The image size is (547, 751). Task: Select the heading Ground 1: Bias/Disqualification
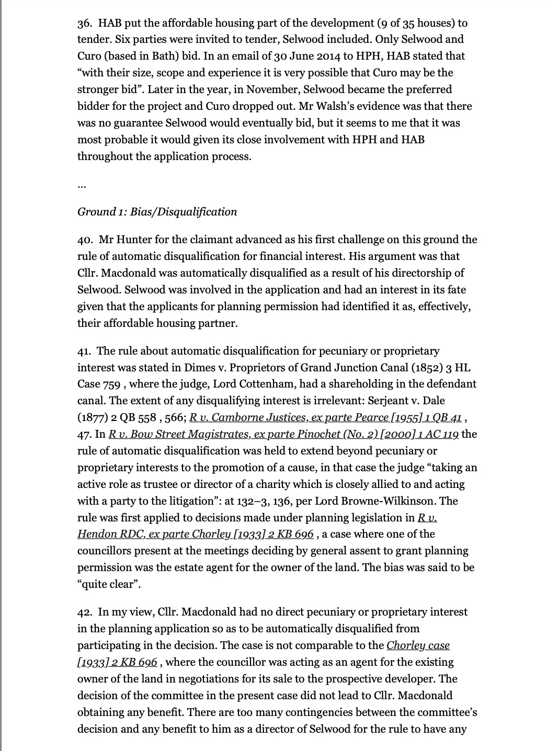tap(157, 212)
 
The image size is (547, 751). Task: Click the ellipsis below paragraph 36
tap(82, 185)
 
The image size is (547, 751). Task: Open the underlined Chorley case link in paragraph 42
tap(418, 645)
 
